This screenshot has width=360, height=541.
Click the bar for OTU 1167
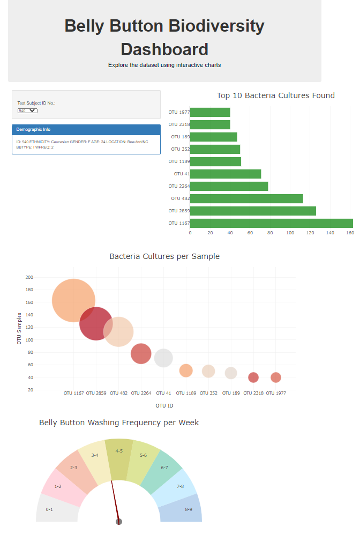coord(271,223)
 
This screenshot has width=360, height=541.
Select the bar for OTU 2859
coord(253,211)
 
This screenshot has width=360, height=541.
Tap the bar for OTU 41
coord(225,174)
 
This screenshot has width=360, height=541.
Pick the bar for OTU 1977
coord(210,112)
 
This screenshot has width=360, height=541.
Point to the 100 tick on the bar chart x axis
coord(290,233)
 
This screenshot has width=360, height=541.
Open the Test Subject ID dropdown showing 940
coord(27,110)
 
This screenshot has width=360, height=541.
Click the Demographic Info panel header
coord(86,129)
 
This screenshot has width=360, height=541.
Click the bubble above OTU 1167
coord(74,301)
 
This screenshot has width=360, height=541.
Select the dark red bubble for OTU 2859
coord(96,323)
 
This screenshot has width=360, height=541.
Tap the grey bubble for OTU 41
coord(163,358)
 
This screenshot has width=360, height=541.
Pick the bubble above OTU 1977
coord(276,377)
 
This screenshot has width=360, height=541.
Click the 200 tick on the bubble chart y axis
coord(29,277)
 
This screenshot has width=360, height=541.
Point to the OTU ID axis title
coord(164,406)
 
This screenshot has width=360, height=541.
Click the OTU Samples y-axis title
coord(20,328)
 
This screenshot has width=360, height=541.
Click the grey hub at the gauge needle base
coord(119,522)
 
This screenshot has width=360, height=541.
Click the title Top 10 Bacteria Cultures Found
coord(275,95)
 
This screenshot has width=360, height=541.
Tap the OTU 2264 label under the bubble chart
coord(141,393)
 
